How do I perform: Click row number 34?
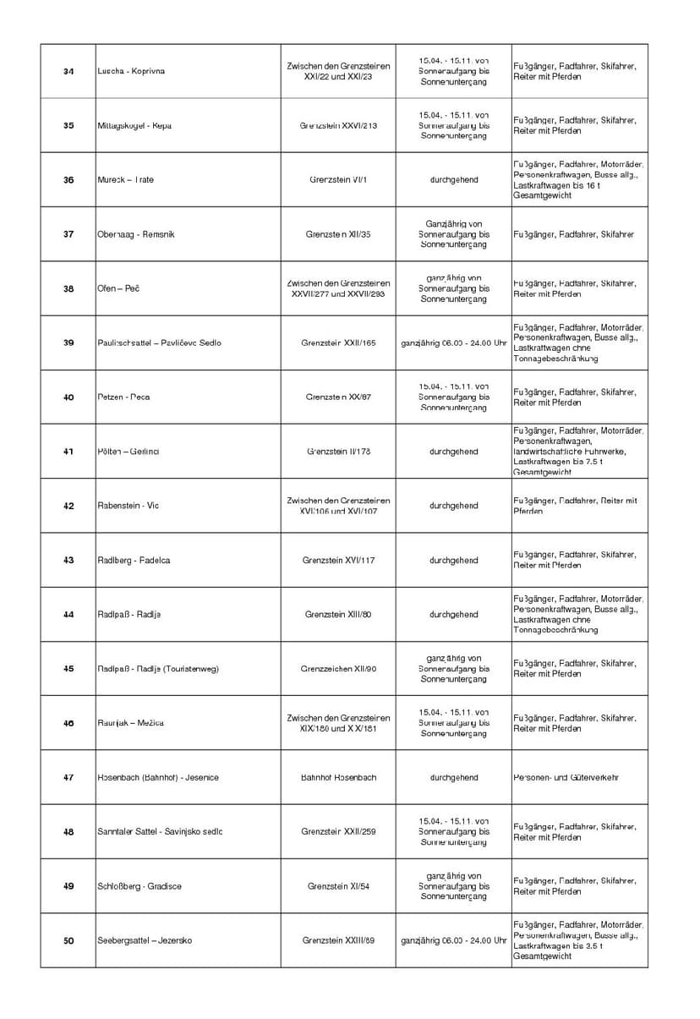pyautogui.click(x=68, y=71)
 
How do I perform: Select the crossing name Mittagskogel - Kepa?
pyautogui.click(x=134, y=125)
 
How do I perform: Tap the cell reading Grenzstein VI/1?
pyautogui.click(x=338, y=179)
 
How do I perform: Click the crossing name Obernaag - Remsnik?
pyautogui.click(x=136, y=234)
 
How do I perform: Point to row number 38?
pyautogui.click(x=68, y=288)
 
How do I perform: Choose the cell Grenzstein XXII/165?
pyautogui.click(x=338, y=342)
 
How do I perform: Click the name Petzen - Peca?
pyautogui.click(x=123, y=397)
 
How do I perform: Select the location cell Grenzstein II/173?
pyautogui.click(x=338, y=452)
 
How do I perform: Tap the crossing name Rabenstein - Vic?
pyautogui.click(x=128, y=506)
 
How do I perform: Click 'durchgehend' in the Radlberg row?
pyautogui.click(x=453, y=560)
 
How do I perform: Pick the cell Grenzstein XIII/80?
pyautogui.click(x=338, y=614)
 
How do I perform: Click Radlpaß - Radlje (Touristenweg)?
pyautogui.click(x=158, y=669)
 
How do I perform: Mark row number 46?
pyautogui.click(x=68, y=723)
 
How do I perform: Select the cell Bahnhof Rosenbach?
pyautogui.click(x=338, y=777)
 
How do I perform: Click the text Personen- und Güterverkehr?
pyautogui.click(x=566, y=777)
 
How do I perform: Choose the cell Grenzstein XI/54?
pyautogui.click(x=338, y=886)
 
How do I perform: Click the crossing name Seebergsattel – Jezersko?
pyautogui.click(x=145, y=940)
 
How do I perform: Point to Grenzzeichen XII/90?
pyautogui.click(x=338, y=669)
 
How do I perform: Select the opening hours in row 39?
pyautogui.click(x=453, y=342)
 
